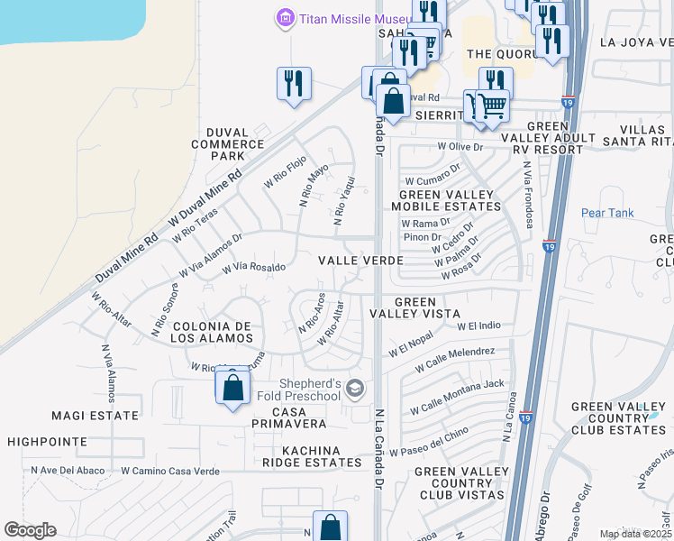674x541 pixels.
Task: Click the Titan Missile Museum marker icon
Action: pos(286,17)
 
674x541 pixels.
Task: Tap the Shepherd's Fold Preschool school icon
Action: pos(355,389)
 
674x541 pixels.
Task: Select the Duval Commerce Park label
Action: pos(227,143)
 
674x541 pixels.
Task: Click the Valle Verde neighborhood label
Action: pos(360,260)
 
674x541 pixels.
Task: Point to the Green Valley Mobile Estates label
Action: pos(446,200)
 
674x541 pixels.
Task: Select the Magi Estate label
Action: pos(96,416)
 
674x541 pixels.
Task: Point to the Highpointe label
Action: pos(44,442)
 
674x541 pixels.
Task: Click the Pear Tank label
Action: pos(607,214)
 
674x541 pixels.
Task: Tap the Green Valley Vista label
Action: pos(414,308)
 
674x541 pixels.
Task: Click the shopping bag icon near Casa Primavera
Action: pos(232,388)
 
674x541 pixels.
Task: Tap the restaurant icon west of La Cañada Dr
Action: pos(294,84)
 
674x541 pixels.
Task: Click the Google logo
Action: pos(30,530)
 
